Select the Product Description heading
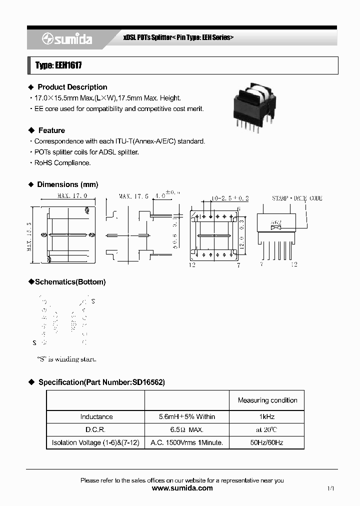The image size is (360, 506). coord(72,87)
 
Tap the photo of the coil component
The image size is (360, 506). coord(253,107)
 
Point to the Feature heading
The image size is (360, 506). coord(51,130)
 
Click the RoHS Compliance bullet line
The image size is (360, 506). coord(62,163)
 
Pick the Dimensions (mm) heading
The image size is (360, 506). coord(67,184)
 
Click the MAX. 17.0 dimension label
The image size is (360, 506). coord(72,196)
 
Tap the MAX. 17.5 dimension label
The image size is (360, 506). coord(133,196)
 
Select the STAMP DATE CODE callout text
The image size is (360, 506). coord(297,198)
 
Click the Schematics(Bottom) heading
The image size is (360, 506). coord(70,282)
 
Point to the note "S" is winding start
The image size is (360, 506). coord(66,359)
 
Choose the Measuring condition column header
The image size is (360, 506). coord(267,400)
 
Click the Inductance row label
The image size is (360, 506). coord(96,416)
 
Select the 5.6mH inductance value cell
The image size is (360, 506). coord(187,416)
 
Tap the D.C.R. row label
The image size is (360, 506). coord(96,429)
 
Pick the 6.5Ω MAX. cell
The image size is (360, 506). coord(187,429)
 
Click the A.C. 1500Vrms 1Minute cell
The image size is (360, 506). coord(187,442)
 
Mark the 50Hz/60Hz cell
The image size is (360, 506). coord(267,442)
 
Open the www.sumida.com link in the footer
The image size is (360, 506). coord(182,488)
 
